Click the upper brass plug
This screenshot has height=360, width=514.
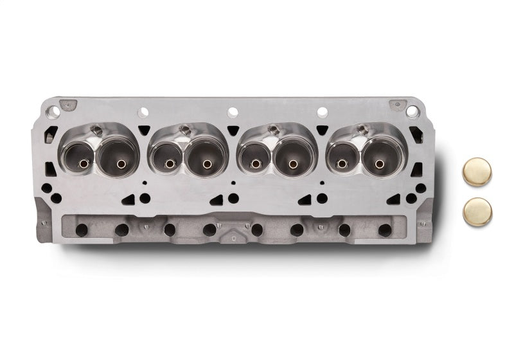[477, 172]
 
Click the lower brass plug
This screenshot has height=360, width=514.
[477, 210]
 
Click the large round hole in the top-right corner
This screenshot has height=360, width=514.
[411, 112]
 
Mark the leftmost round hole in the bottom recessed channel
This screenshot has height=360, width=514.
[81, 230]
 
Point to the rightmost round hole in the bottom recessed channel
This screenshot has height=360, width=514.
[385, 230]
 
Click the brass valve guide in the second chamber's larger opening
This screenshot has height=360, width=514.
[207, 163]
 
